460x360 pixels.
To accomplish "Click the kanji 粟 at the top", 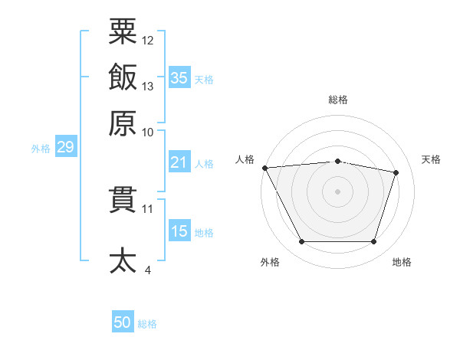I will click(123, 31).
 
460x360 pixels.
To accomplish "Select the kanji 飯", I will click(123, 77).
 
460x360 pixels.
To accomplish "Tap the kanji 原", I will click(123, 123).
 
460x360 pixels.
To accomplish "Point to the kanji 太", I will click(123, 260).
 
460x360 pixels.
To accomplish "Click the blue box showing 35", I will click(179, 77).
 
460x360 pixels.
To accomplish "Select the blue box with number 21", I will click(179, 162).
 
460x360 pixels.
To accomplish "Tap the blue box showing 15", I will click(179, 231).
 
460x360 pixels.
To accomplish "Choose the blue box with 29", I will click(65, 148).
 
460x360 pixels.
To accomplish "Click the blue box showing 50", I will click(123, 322).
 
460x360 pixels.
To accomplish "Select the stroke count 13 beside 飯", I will click(148, 87).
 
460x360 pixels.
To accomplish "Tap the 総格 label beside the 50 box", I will click(147, 324).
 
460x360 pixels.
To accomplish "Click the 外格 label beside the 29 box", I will click(40, 149).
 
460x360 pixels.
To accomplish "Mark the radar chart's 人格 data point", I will click(264, 167).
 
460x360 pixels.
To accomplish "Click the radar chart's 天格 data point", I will click(396, 172).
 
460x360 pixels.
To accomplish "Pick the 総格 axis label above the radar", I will click(338, 100).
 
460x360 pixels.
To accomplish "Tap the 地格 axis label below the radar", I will click(402, 263).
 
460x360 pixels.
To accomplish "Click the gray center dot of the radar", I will click(338, 191).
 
